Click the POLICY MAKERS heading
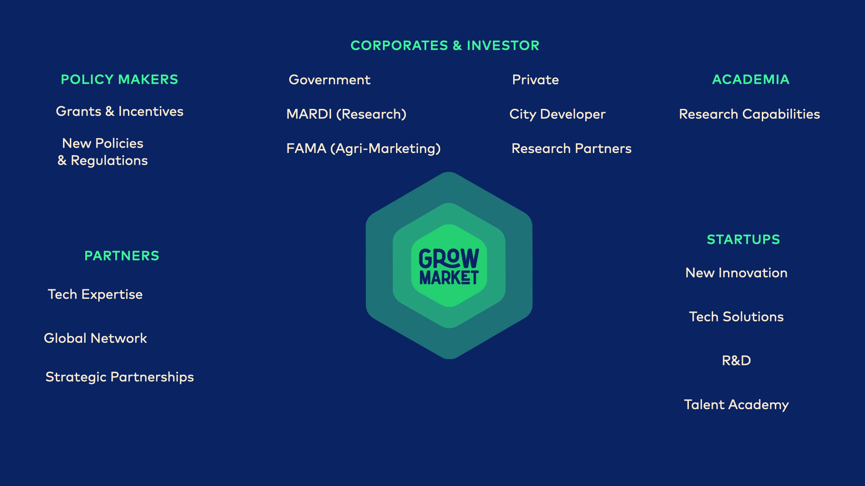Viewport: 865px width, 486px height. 119,80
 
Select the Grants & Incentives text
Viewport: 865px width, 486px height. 119,111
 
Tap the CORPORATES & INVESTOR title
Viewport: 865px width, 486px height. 445,45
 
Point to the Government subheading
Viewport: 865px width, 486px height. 329,80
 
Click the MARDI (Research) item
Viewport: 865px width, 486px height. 346,114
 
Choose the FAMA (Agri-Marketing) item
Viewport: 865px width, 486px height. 364,148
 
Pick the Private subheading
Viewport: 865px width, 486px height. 535,80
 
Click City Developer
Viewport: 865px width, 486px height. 557,114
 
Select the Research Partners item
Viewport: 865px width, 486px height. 571,148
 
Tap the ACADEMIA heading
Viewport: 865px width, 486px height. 751,80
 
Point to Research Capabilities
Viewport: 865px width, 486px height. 749,114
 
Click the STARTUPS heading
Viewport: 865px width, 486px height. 743,239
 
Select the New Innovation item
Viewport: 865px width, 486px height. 736,273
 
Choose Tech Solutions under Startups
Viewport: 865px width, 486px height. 736,317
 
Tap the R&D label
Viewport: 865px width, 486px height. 736,360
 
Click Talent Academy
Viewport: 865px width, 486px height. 736,405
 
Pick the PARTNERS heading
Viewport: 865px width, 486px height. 122,256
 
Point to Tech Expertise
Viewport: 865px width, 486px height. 95,294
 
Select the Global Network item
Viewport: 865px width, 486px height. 95,338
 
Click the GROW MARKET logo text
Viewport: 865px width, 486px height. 449,266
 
